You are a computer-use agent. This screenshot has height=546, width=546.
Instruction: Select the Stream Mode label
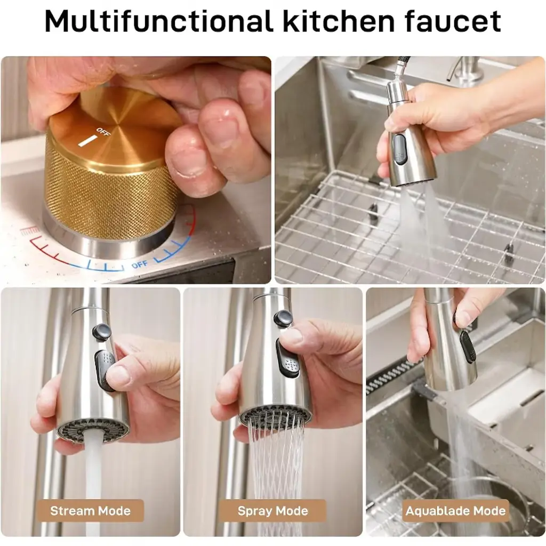[90, 511]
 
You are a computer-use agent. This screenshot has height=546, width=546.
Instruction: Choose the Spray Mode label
[272, 511]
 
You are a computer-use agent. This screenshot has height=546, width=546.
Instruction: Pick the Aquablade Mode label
[455, 511]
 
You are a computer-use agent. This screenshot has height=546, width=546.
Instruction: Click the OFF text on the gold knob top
[103, 132]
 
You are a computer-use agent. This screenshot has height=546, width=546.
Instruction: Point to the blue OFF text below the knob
[140, 264]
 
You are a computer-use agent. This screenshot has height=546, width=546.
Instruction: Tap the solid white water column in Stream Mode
[93, 484]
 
